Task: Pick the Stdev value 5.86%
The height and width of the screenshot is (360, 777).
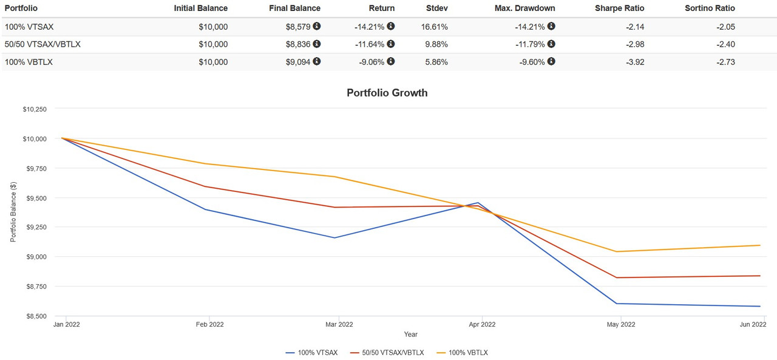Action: pos(435,62)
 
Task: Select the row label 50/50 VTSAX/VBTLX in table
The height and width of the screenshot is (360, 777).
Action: pos(42,44)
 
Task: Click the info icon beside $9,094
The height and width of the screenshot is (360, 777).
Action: pos(317,61)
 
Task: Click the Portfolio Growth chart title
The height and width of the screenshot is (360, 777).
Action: pos(387,93)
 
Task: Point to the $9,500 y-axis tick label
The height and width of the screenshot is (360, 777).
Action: pos(34,198)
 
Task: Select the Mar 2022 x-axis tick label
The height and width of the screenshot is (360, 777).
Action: pos(339,325)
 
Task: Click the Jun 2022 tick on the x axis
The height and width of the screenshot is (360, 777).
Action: pos(753,325)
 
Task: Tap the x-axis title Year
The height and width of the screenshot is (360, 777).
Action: pos(411,335)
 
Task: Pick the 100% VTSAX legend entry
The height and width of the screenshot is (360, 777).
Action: pos(313,353)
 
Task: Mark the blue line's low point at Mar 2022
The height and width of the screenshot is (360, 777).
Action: pos(334,237)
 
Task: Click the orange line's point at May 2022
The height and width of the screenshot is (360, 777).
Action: pos(617,251)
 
